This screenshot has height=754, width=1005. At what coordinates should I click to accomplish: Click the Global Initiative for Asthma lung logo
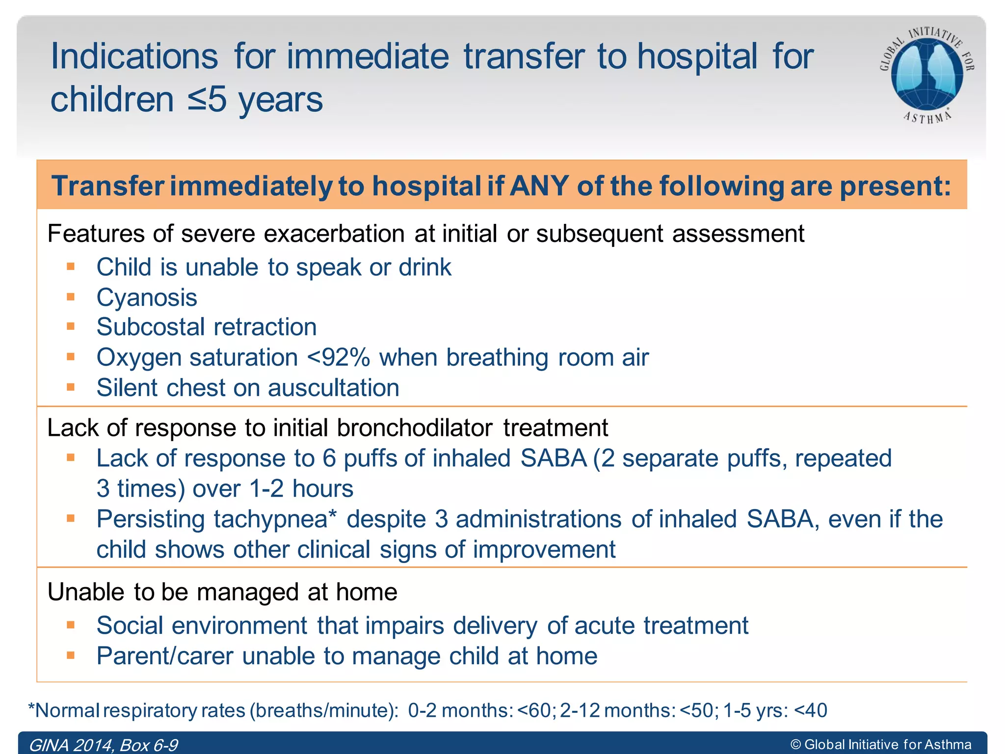pos(926,74)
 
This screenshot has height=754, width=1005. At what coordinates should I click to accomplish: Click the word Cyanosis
pos(147,297)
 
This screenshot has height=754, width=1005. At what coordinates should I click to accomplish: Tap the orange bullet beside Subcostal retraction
pos(71,326)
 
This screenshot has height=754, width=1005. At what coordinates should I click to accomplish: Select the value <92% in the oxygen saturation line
pos(338,357)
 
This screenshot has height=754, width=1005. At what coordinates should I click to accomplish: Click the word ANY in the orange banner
pos(539,186)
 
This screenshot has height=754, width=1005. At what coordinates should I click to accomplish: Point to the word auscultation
pos(333,388)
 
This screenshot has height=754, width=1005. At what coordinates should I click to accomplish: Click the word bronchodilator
pos(415,428)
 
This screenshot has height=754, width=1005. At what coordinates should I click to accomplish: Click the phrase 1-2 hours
pos(301,489)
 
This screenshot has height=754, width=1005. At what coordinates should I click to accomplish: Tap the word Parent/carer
pos(165,656)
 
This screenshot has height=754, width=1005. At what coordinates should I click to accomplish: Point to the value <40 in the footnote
pos(810,710)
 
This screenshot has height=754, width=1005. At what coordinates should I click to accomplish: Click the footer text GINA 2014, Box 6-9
pos(103,745)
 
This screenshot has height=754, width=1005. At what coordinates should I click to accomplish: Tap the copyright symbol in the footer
pos(795,745)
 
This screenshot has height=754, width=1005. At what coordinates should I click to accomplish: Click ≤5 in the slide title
pos(207,100)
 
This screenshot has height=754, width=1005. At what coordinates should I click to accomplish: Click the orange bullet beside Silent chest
pos(71,387)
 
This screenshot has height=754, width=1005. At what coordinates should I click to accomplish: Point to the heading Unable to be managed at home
pos(222,592)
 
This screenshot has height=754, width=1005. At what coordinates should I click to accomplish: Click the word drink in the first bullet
pos(424,268)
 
